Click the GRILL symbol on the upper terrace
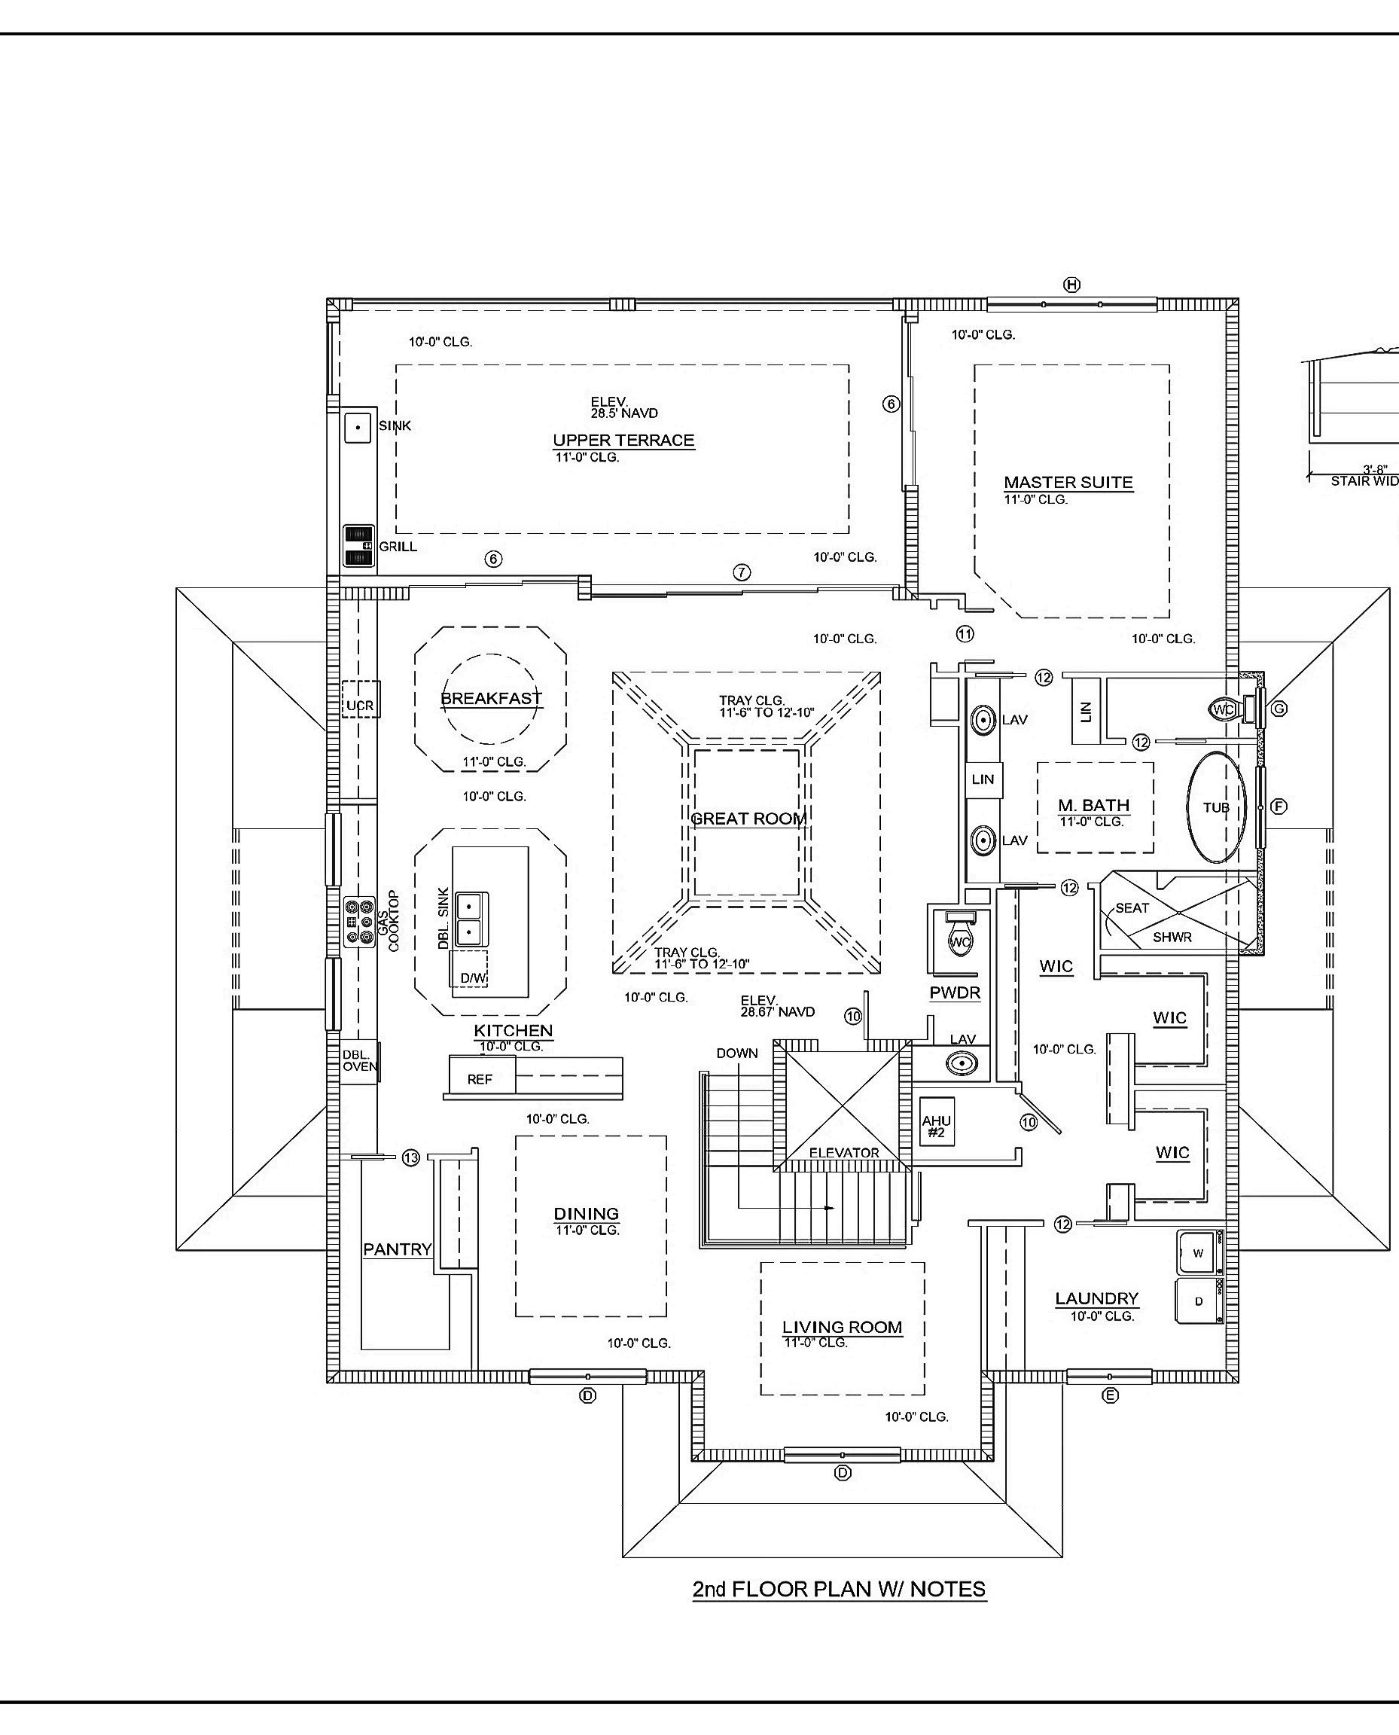coord(359,547)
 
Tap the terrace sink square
coord(358,427)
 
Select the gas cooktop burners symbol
coord(359,921)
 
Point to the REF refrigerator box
coord(480,1079)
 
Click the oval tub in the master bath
coord(1215,807)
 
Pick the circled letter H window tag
coord(1071,285)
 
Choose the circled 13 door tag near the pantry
coord(411,1158)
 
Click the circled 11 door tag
coord(965,633)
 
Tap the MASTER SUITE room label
coord(1068,483)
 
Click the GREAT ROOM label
coord(748,819)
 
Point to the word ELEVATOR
coord(844,1153)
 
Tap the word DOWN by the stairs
coord(736,1054)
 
